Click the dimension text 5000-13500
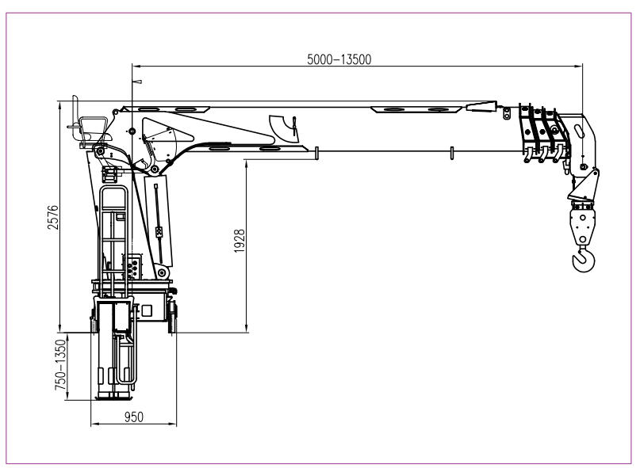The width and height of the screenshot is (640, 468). (339, 59)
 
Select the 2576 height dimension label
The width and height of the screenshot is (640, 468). (53, 217)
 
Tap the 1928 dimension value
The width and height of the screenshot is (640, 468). (240, 241)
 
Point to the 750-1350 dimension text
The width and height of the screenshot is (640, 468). (60, 365)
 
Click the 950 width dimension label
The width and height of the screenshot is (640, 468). (134, 417)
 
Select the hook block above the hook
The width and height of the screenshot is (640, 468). (582, 223)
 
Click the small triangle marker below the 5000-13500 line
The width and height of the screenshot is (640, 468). (139, 82)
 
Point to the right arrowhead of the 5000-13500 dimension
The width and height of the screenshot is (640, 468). (578, 66)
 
